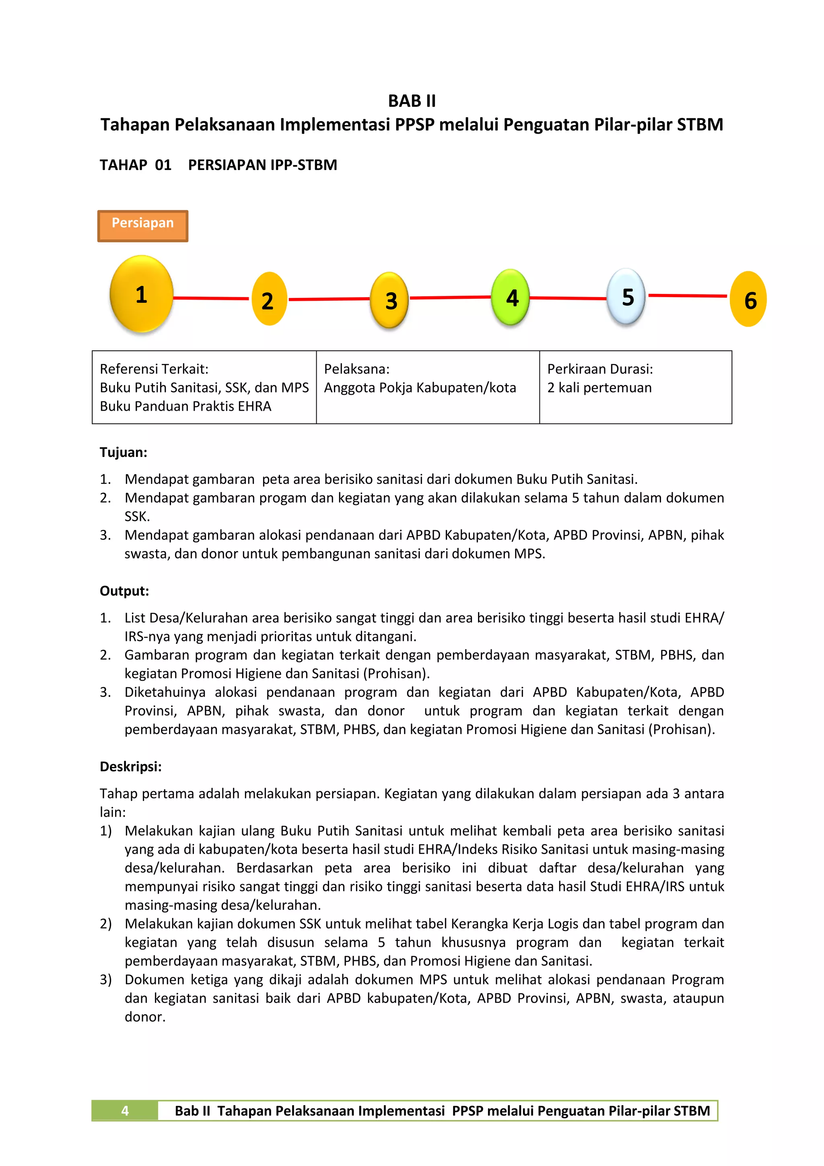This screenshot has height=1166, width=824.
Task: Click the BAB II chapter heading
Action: [412, 101]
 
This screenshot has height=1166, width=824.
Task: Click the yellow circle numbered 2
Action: [269, 300]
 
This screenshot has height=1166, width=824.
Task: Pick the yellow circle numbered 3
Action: [390, 300]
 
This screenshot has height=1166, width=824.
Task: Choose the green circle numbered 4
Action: [511, 297]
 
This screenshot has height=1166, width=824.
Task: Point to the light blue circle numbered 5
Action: [626, 297]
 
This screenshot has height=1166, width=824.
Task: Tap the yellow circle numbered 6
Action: [748, 299]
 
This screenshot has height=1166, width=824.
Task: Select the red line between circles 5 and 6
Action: [688, 295]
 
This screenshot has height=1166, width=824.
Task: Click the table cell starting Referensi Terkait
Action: [204, 387]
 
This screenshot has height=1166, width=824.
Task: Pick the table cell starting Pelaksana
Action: [427, 387]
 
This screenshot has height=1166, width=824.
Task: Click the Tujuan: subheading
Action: [123, 452]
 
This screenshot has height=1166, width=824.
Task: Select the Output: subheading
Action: [124, 591]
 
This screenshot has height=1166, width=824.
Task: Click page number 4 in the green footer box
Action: [125, 1111]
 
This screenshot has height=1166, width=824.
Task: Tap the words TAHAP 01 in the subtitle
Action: [136, 165]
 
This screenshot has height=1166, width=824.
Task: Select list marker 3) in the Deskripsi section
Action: [105, 980]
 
